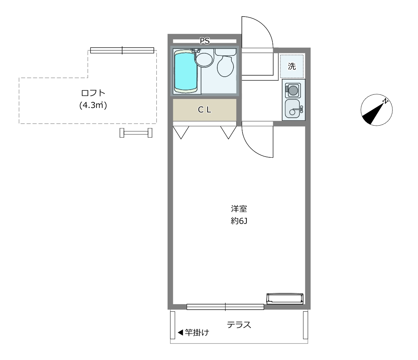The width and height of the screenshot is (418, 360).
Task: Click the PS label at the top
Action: click(x=205, y=41)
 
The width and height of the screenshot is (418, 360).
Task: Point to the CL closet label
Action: click(x=204, y=110)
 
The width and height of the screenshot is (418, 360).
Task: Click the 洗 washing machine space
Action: click(x=292, y=66)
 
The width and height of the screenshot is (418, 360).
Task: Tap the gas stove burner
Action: click(x=293, y=90)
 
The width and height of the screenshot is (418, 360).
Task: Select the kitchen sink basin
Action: click(x=293, y=109)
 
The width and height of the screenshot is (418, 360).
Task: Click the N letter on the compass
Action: click(x=385, y=101)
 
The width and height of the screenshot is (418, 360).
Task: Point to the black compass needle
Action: click(x=372, y=114)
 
